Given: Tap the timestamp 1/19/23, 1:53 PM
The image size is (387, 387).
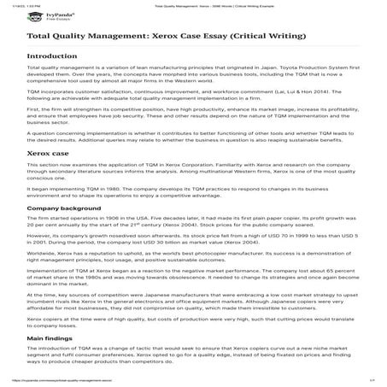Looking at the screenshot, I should point(15,3).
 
